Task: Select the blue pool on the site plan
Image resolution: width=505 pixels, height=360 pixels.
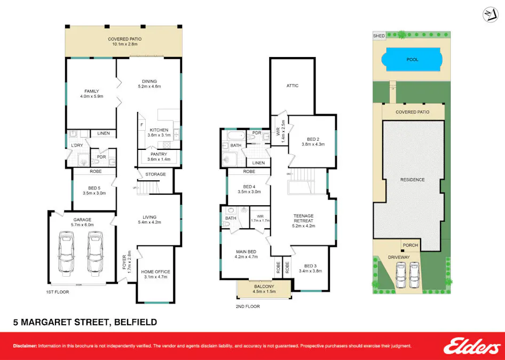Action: pyautogui.click(x=412, y=60)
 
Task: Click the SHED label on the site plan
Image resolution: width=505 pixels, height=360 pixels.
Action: pyautogui.click(x=378, y=36)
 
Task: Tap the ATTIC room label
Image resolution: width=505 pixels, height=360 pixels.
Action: pyautogui.click(x=293, y=85)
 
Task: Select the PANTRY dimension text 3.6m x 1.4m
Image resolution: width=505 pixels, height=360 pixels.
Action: pyautogui.click(x=159, y=159)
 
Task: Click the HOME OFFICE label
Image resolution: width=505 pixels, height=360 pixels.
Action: pyautogui.click(x=155, y=272)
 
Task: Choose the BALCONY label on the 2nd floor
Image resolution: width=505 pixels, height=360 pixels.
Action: pyautogui.click(x=264, y=286)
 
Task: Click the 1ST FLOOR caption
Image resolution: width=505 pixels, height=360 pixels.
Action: pyautogui.click(x=56, y=292)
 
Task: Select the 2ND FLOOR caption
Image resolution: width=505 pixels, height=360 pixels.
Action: pyautogui.click(x=247, y=307)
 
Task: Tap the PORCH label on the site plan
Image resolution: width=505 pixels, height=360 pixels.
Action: pyautogui.click(x=411, y=245)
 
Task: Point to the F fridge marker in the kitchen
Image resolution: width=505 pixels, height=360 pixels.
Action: pyautogui.click(x=141, y=125)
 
